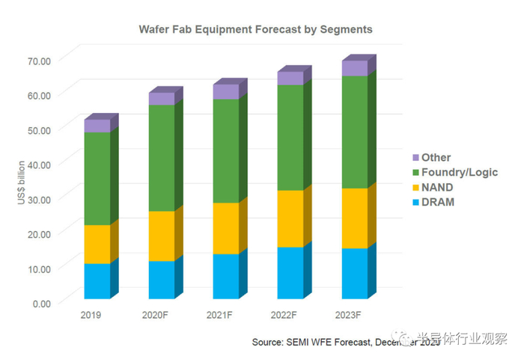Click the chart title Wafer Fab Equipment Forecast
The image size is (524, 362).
tap(255, 30)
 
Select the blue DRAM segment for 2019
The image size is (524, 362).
tap(97, 280)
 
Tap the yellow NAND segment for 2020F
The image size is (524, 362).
tap(161, 236)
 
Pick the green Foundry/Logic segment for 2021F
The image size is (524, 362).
tap(226, 150)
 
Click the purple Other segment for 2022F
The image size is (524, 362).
tap(290, 78)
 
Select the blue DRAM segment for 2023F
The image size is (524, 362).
tap(355, 273)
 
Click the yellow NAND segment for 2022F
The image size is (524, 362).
tap(290, 218)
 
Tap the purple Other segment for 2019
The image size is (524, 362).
tap(97, 126)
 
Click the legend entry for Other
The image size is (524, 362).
tap(436, 158)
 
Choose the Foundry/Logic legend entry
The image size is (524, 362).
tap(459, 173)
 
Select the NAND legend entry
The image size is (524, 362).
tap(437, 188)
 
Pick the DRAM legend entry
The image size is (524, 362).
tap(437, 202)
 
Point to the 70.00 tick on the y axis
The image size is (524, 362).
tap(39, 60)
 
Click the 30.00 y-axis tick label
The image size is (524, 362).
tap(39, 199)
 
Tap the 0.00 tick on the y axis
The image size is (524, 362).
tap(41, 303)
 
